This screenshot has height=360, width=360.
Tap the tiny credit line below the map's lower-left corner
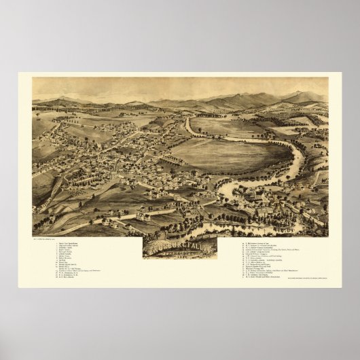48,238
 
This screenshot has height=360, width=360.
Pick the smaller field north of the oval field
224,126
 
